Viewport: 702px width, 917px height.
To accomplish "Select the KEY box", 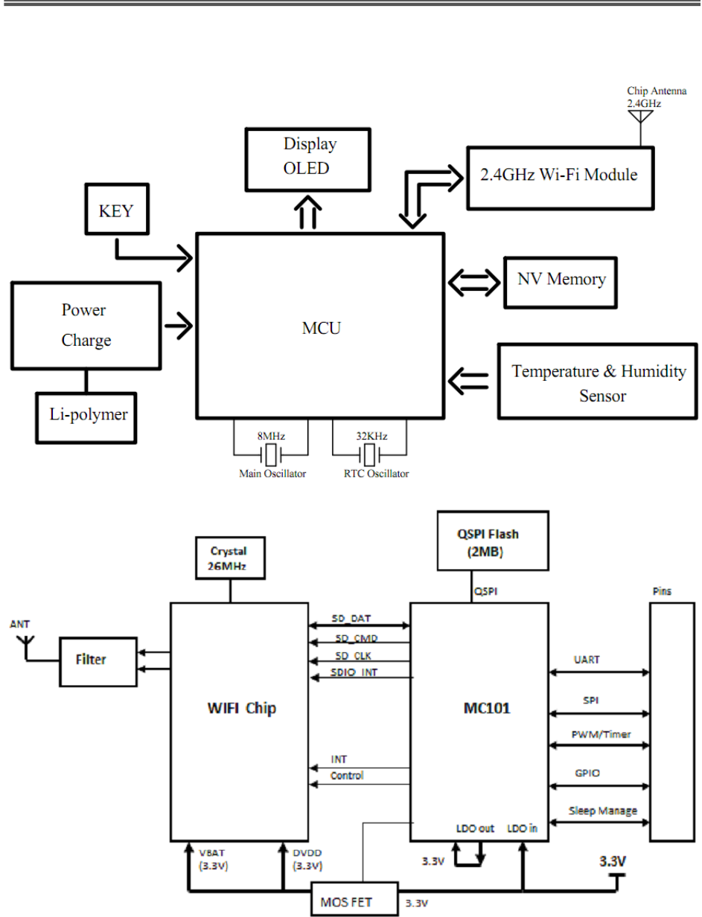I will pyautogui.click(x=115, y=211).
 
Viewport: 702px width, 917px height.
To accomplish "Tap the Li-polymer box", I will pyautogui.click(x=89, y=415).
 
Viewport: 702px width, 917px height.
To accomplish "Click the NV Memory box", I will pyautogui.click(x=561, y=281).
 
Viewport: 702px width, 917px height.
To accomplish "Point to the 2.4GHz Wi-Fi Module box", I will pyautogui.click(x=561, y=177).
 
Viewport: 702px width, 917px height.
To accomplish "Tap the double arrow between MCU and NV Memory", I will pyautogui.click(x=473, y=281).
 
